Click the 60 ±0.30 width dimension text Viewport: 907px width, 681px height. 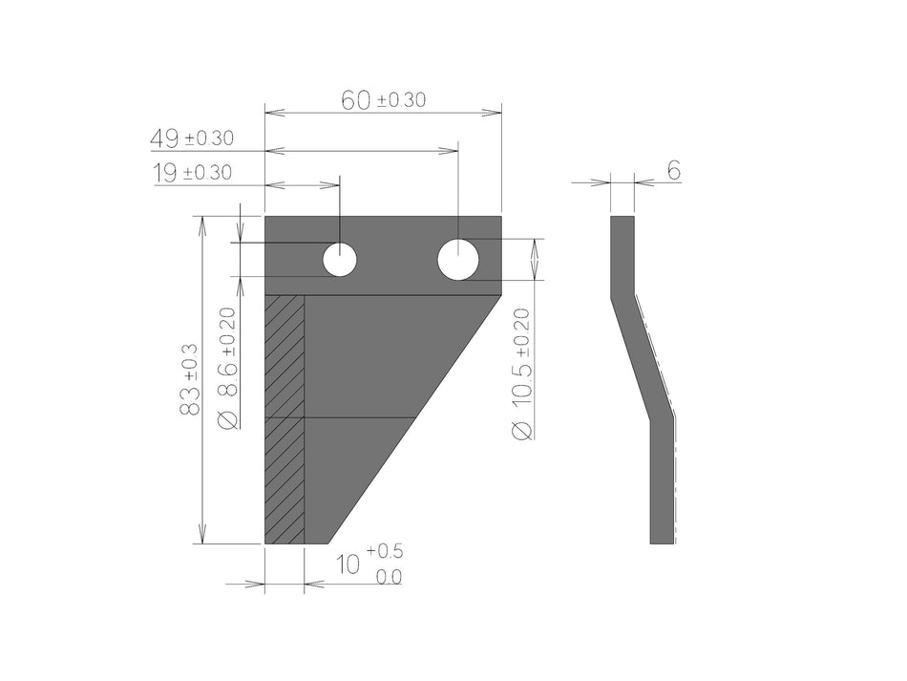point(383,99)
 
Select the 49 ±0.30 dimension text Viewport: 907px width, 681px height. point(191,138)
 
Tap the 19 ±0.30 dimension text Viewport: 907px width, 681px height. point(191,173)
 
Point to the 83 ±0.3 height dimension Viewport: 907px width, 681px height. point(190,379)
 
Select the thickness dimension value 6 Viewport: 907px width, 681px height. point(673,171)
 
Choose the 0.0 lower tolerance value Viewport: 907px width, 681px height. point(389,577)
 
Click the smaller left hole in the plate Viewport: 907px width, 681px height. point(339,260)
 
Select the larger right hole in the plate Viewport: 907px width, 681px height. point(458,260)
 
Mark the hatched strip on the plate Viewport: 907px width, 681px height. point(285,419)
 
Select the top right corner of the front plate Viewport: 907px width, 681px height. point(500,218)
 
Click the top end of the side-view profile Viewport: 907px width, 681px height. point(622,220)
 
